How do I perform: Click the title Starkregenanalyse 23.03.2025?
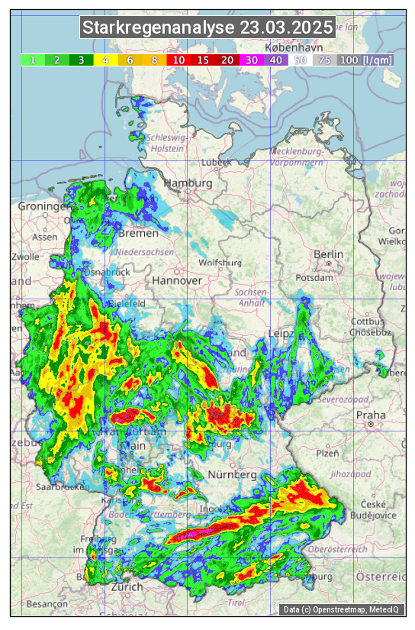pyautogui.click(x=207, y=28)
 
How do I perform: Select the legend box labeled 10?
pyautogui.click(x=179, y=60)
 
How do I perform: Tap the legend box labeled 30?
pyautogui.click(x=252, y=60)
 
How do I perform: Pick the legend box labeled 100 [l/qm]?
pyautogui.click(x=365, y=60)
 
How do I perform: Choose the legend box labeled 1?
pyautogui.click(x=33, y=60)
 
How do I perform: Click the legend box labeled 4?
pyautogui.click(x=106, y=60)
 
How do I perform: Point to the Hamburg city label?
pyautogui.click(x=188, y=184)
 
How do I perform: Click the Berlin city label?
pyautogui.click(x=328, y=254)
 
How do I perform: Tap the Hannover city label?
pyautogui.click(x=177, y=280)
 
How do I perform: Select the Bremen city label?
pyautogui.click(x=138, y=233)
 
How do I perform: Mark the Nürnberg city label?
pyautogui.click(x=233, y=474)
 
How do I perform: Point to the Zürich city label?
pyautogui.click(x=127, y=586)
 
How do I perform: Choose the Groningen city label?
pyautogui.click(x=44, y=207)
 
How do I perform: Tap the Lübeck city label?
pyautogui.click(x=216, y=163)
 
